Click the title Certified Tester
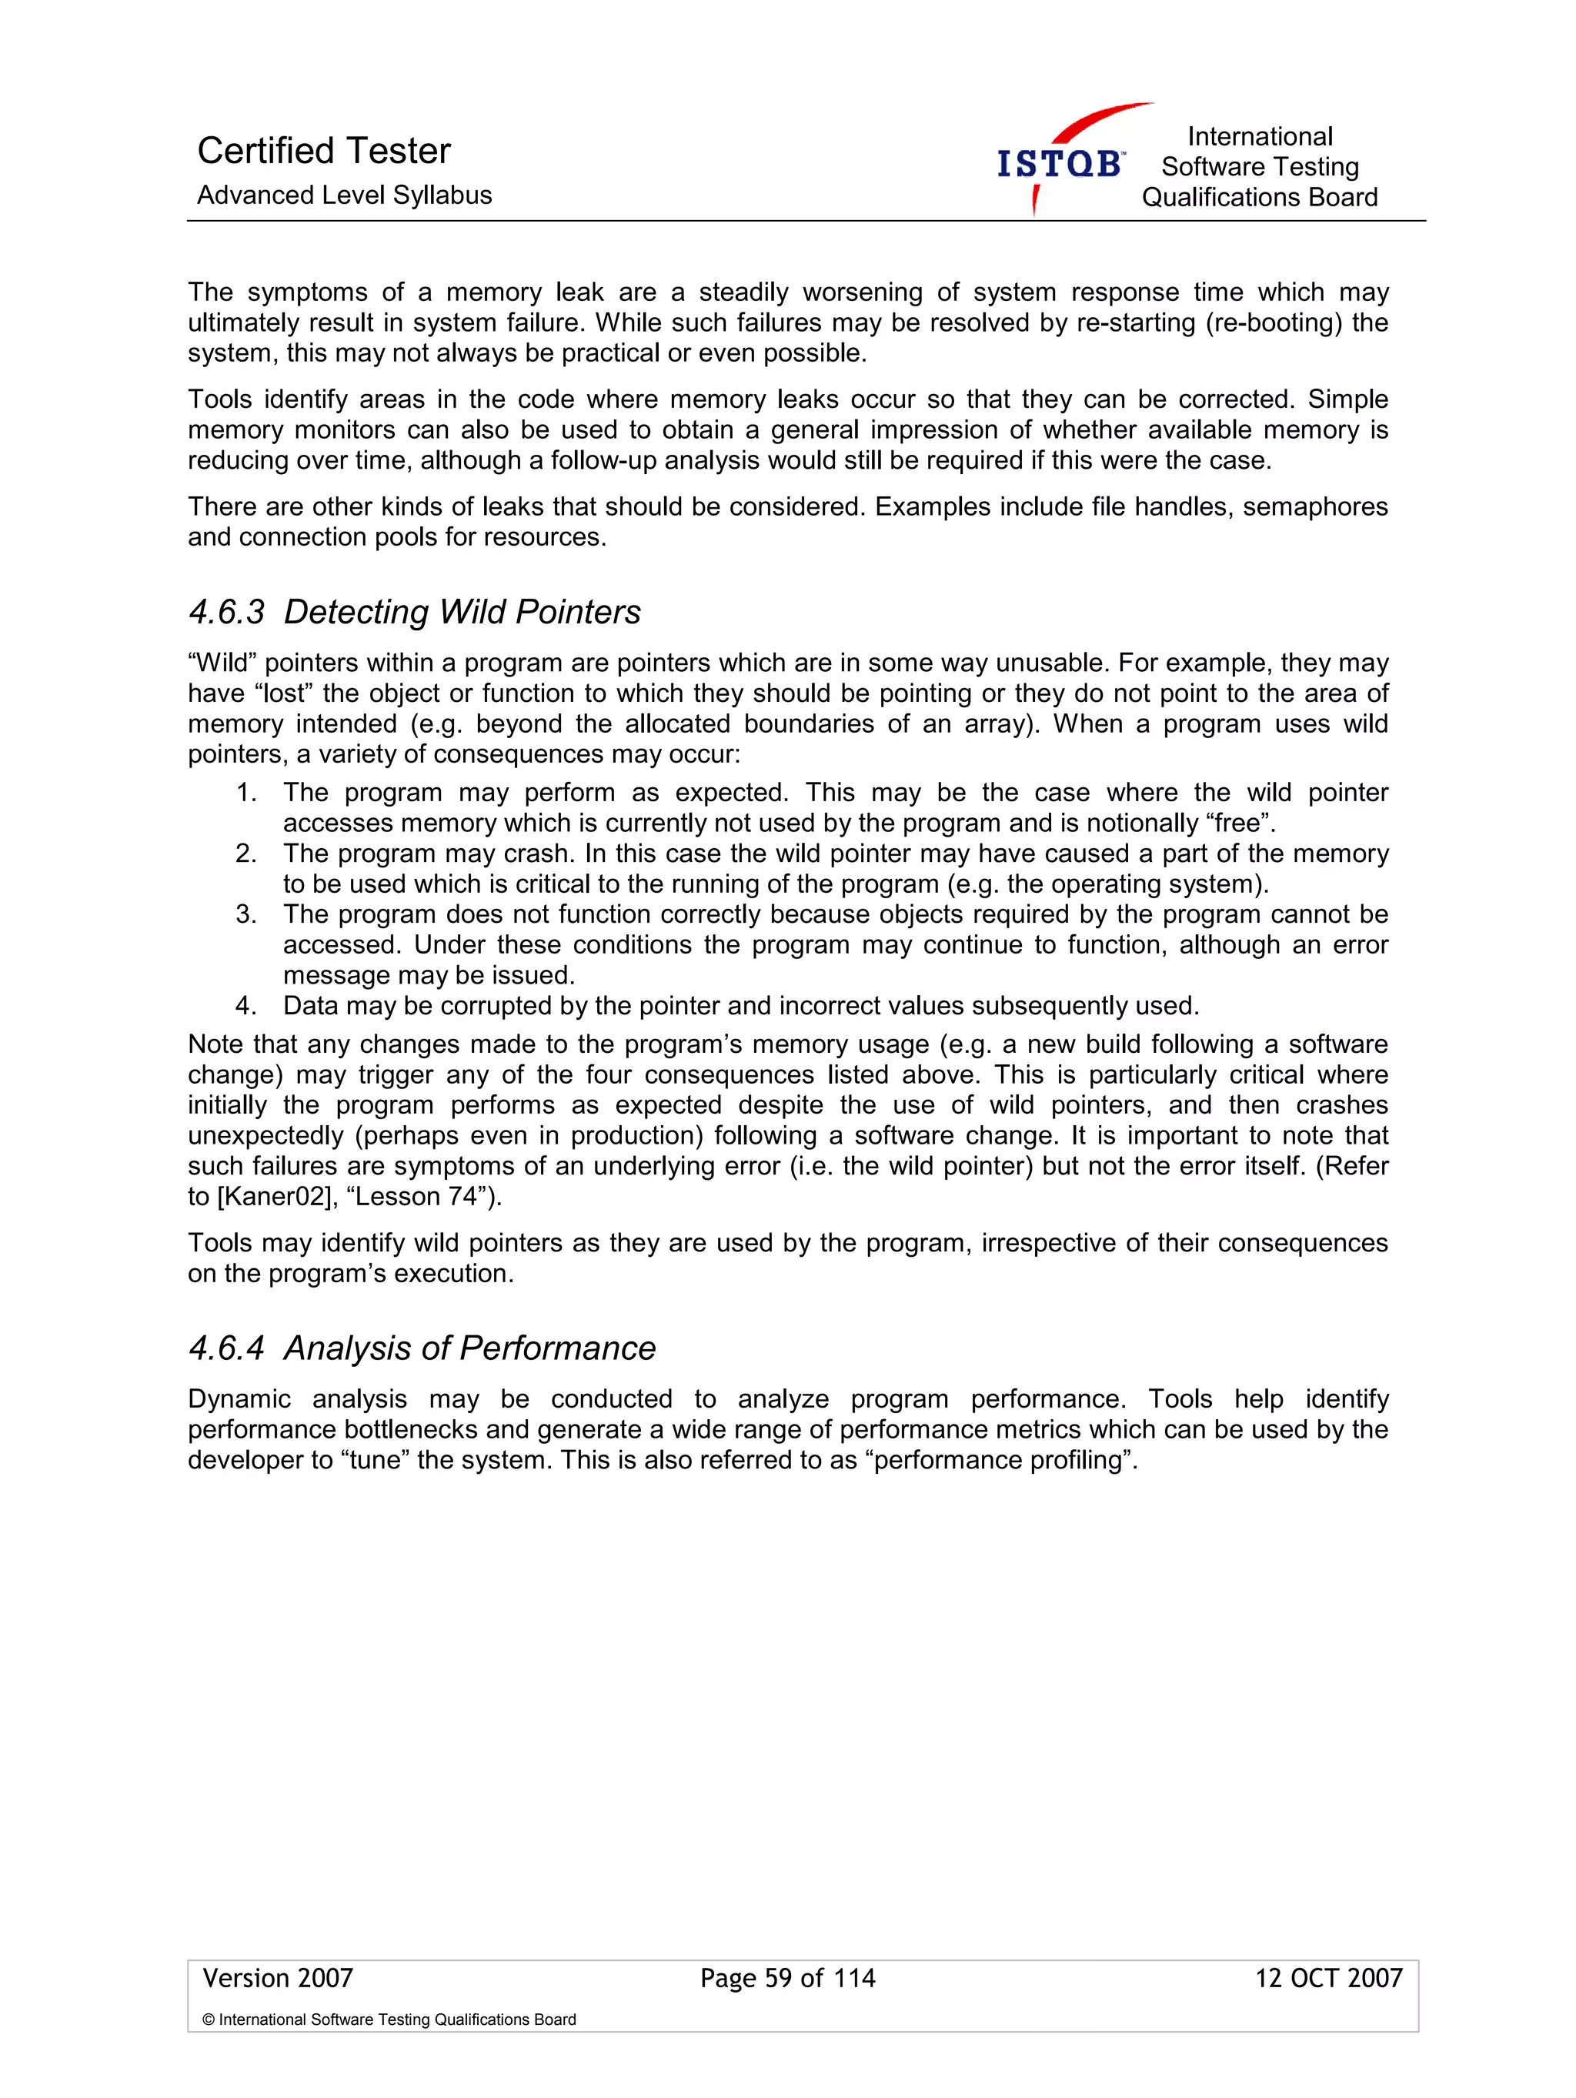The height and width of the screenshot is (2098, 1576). (323, 151)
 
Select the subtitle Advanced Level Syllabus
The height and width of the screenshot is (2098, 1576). (344, 195)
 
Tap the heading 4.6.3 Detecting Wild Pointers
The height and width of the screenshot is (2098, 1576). (414, 612)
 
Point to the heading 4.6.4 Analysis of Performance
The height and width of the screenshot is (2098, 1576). (422, 1348)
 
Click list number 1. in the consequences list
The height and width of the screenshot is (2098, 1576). (246, 792)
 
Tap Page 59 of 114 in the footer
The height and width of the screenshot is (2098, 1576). (787, 1977)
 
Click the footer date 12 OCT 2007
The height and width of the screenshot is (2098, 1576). (1327, 1977)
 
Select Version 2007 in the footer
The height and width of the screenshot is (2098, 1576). (278, 1977)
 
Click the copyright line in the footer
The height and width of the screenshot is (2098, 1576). (389, 2019)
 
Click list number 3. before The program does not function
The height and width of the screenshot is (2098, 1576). (246, 914)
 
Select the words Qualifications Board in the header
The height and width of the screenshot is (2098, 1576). (1259, 197)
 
